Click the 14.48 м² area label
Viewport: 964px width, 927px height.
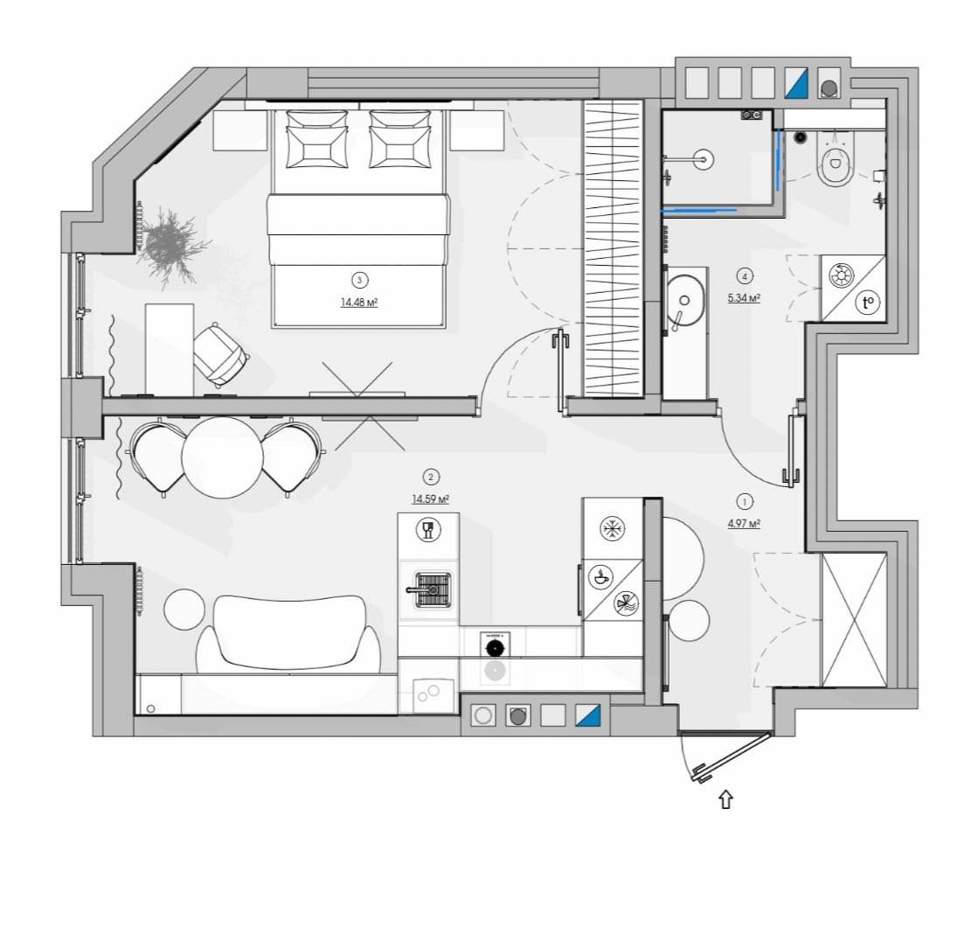point(359,303)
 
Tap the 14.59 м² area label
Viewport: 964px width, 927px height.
point(430,498)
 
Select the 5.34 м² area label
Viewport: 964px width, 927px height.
point(744,298)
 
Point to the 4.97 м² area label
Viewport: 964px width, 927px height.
point(744,524)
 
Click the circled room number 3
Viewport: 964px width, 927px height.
point(360,281)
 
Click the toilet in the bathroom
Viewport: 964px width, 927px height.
point(836,159)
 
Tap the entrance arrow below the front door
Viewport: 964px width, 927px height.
point(726,799)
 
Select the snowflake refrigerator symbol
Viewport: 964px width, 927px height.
point(613,528)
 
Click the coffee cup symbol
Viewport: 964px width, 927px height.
point(600,577)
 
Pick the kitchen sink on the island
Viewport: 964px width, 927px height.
point(433,590)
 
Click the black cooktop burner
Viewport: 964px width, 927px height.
point(495,648)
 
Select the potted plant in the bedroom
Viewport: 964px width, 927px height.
point(168,246)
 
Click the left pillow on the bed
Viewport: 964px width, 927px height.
point(317,139)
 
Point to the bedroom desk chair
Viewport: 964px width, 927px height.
point(219,354)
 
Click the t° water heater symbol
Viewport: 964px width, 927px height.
point(868,303)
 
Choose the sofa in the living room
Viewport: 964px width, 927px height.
point(289,635)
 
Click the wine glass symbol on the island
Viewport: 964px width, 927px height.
point(428,530)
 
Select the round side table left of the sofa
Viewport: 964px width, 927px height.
point(184,609)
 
